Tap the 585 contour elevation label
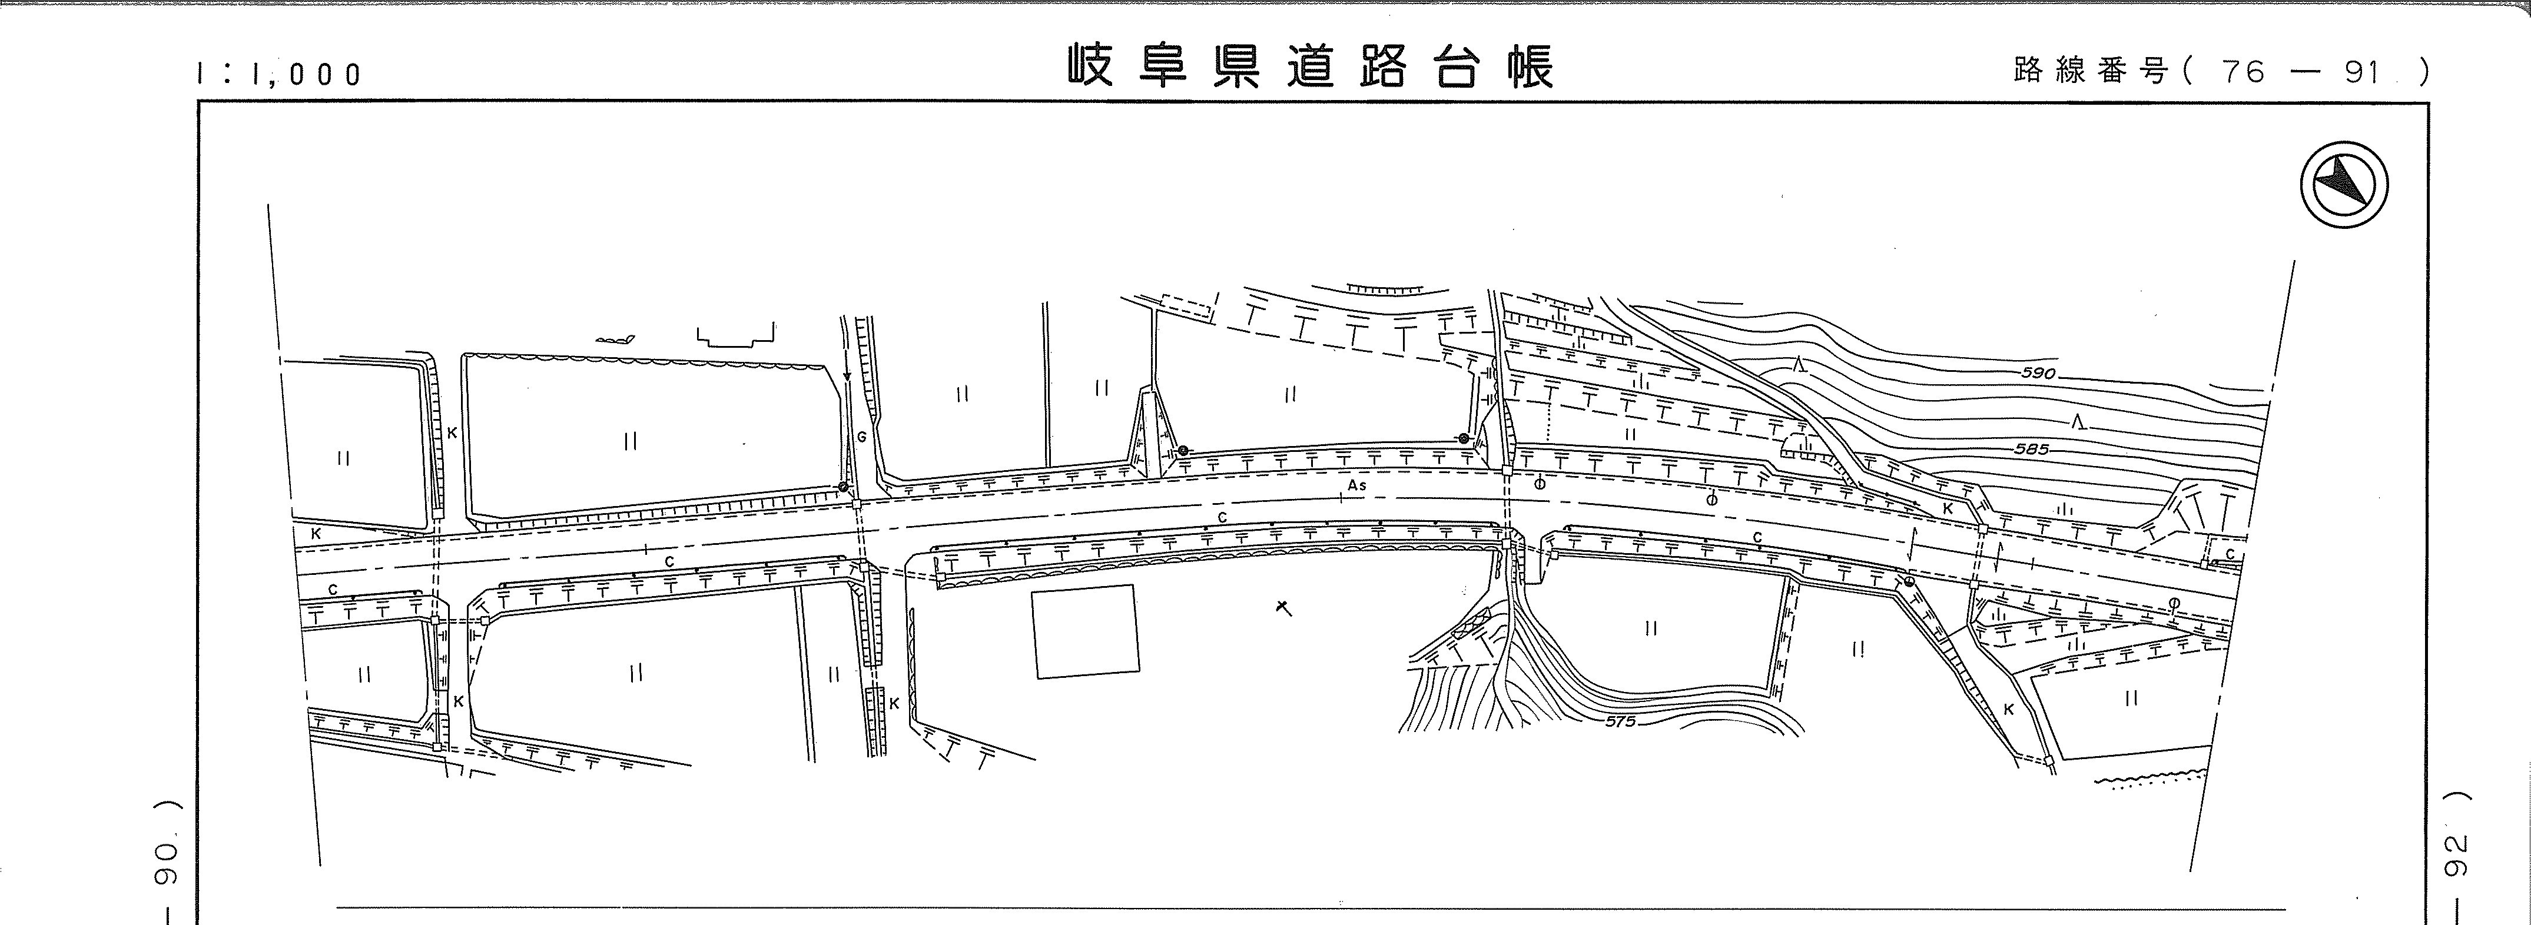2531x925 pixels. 2032,449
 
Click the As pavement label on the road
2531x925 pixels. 1357,485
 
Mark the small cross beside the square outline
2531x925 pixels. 1282,608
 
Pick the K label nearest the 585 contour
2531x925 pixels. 1948,508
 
